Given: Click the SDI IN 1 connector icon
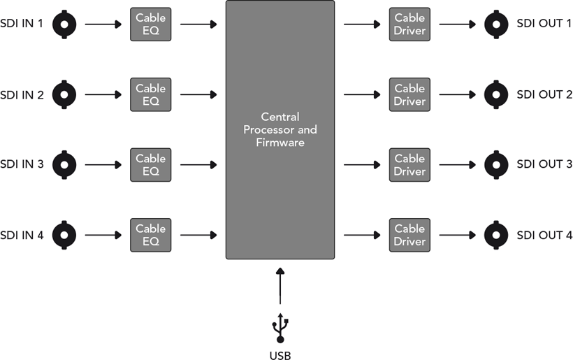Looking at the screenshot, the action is (64, 24).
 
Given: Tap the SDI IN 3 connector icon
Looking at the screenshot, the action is (64, 165).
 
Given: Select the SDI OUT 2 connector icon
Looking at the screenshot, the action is (496, 94).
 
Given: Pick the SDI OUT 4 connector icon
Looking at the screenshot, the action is (496, 235).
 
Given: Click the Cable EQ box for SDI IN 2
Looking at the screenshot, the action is (150, 94).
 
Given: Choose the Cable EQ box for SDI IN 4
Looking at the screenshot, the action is (150, 235).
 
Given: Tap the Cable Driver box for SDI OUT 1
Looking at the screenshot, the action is (409, 24).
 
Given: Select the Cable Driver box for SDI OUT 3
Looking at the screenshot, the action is (409, 165).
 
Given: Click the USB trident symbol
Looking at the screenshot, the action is (280, 328).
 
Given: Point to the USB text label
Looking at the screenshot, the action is (280, 356).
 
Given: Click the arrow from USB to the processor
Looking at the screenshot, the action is (280, 286).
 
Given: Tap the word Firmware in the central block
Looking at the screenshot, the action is (280, 142).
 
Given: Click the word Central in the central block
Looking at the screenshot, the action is (280, 117).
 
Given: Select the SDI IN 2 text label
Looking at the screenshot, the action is (22, 95).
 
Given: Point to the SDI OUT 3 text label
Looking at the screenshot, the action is (544, 164).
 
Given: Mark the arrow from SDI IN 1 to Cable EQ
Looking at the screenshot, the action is (103, 24).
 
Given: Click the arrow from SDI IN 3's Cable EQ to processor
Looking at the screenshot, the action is (198, 165).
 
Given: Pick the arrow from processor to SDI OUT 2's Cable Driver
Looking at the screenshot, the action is (362, 94).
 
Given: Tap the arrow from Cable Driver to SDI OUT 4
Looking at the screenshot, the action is (458, 235).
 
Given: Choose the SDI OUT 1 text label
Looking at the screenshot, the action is (544, 23).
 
